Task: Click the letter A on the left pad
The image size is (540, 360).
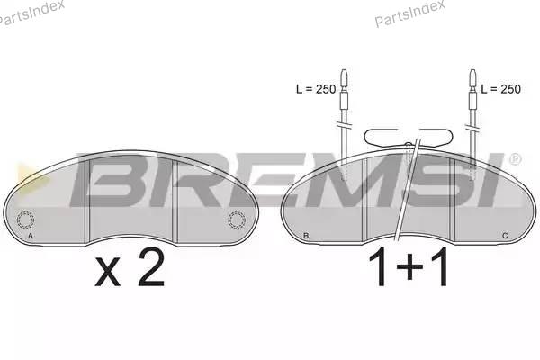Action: [31, 236]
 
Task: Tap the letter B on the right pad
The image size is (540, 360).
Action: [306, 236]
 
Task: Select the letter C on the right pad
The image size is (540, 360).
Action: [505, 236]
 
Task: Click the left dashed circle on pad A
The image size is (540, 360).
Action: [25, 220]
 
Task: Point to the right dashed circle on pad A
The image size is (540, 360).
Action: [237, 220]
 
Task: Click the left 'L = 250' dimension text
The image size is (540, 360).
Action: [316, 89]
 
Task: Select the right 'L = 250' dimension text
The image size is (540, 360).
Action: [500, 89]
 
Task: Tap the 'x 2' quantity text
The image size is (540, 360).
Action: [130, 268]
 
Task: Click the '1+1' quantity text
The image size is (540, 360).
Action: [409, 266]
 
